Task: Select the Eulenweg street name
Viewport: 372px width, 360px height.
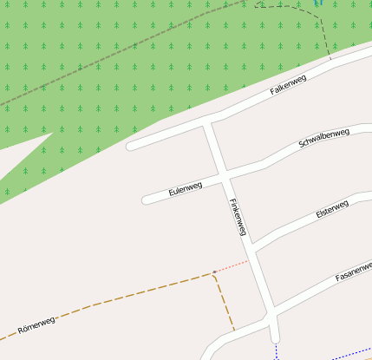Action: [x=185, y=187]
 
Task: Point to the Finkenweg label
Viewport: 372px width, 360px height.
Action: [x=238, y=217]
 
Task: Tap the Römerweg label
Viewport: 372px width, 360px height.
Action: [x=36, y=325]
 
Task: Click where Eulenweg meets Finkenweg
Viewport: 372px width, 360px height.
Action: [x=224, y=176]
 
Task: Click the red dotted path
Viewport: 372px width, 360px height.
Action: [x=232, y=266]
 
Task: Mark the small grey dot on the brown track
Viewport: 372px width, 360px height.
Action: [x=214, y=272]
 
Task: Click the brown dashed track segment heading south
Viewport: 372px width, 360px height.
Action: [x=225, y=303]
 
